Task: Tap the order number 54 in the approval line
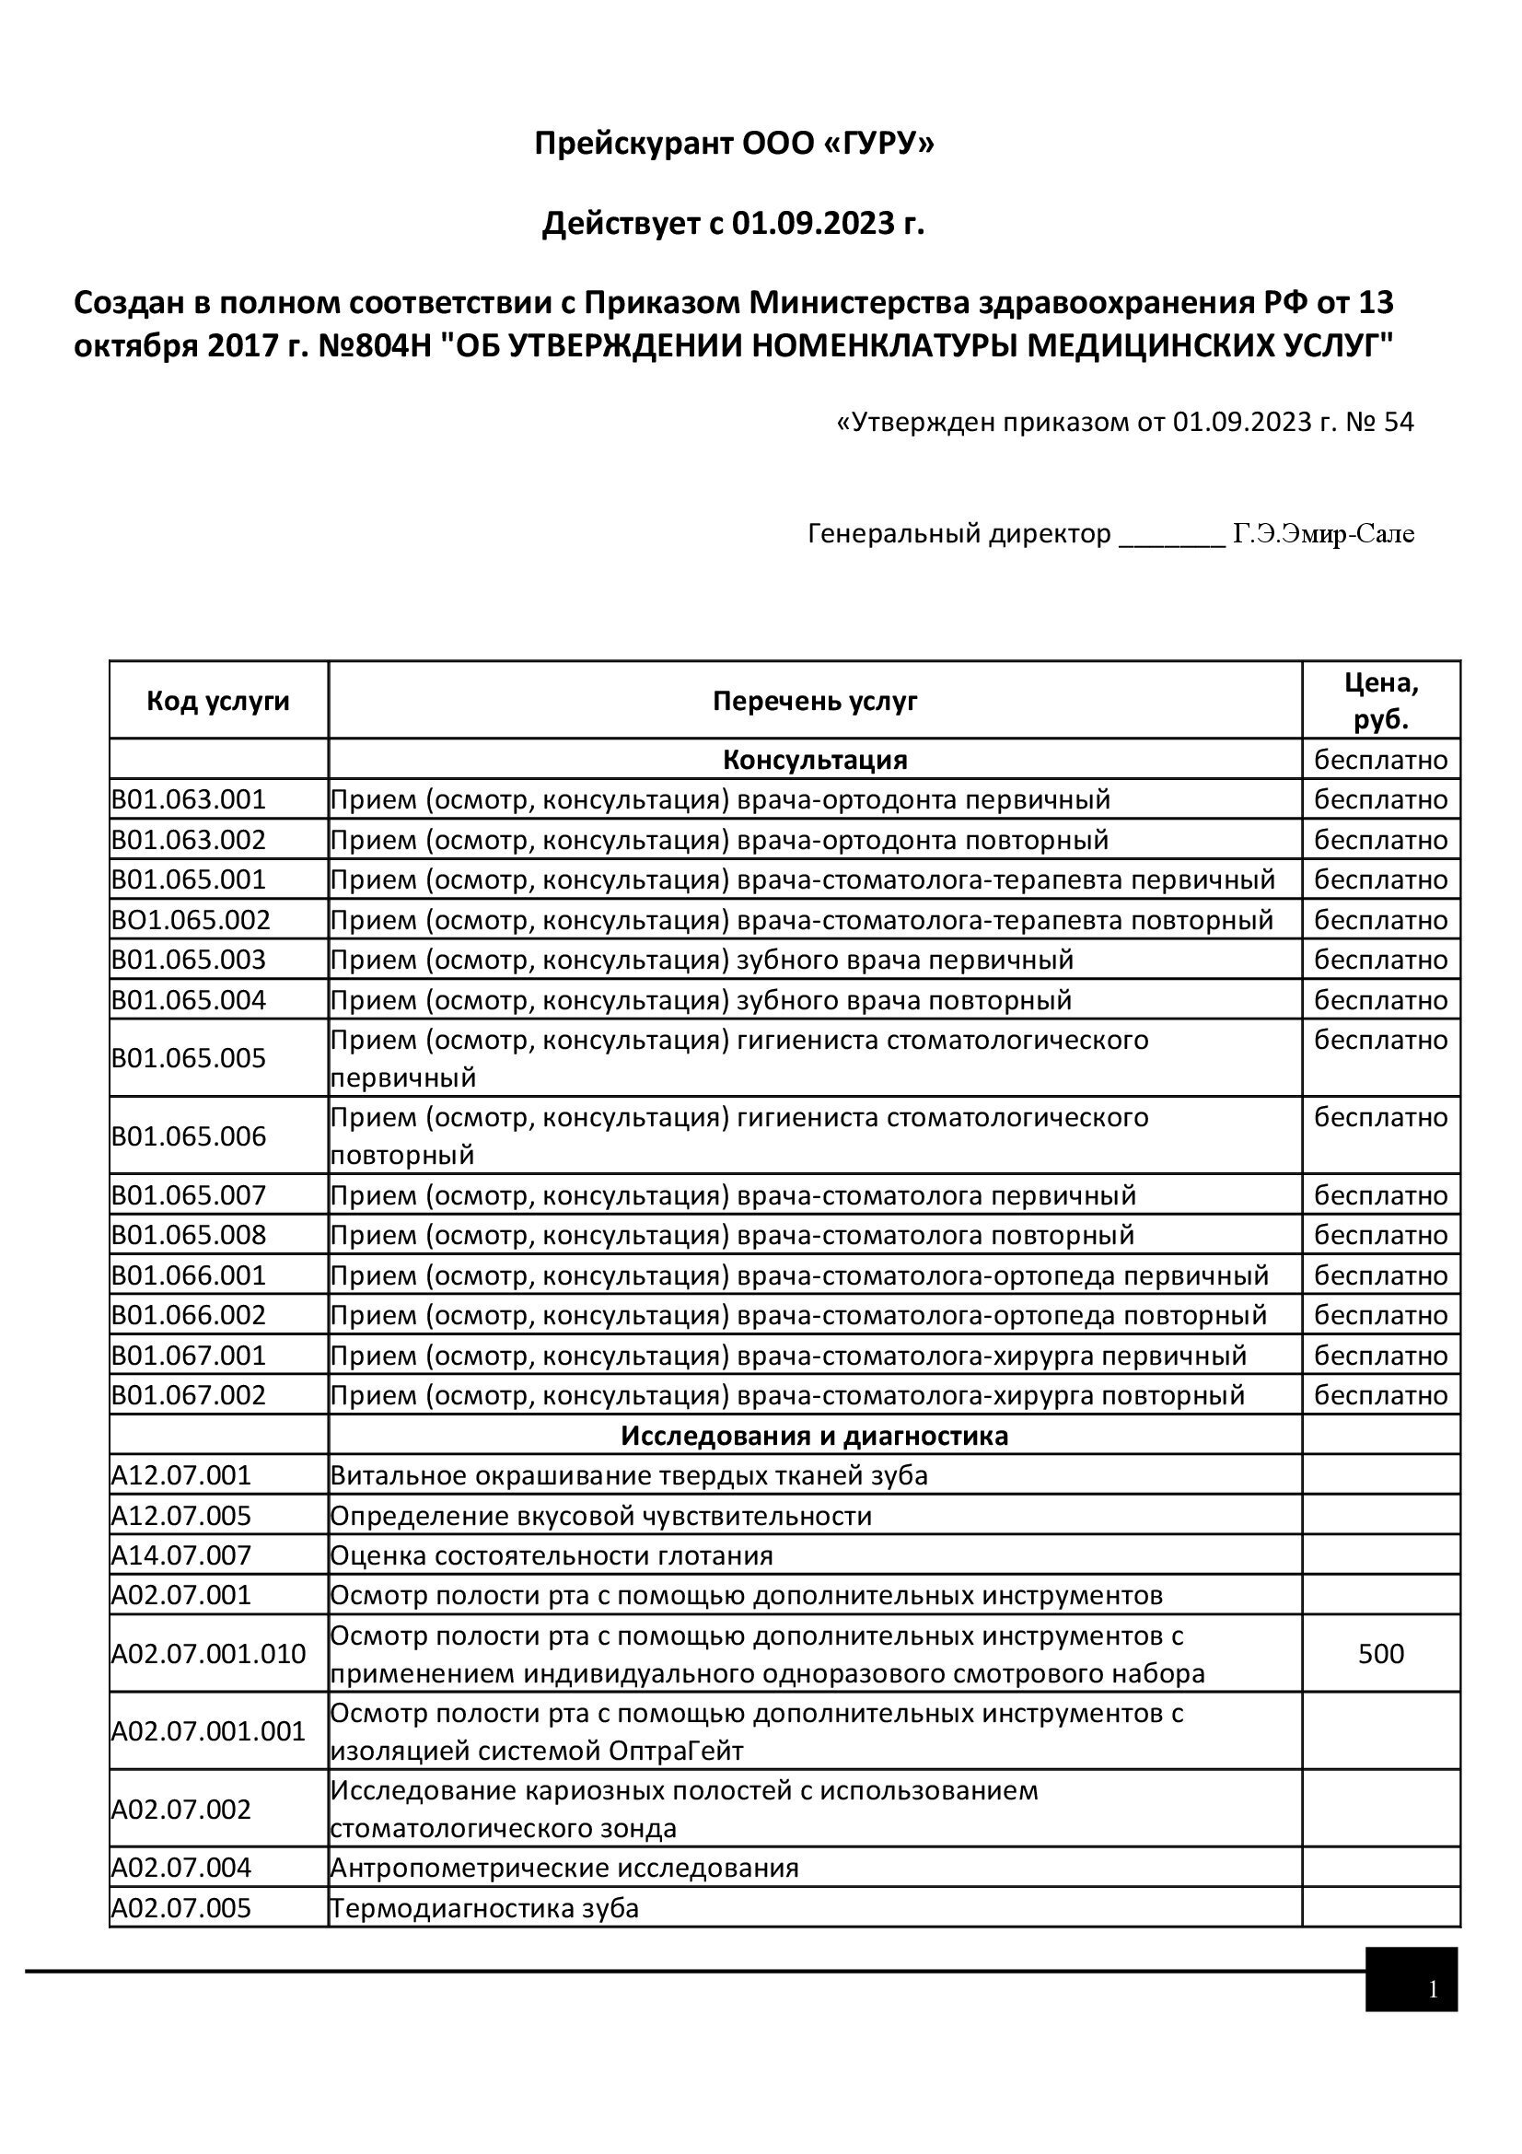(1398, 422)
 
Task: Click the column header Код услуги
(217, 701)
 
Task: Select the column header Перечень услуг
(814, 701)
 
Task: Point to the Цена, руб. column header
(1380, 701)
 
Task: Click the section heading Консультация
(814, 759)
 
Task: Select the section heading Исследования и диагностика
(814, 1436)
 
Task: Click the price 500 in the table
(1380, 1653)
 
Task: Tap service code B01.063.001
(189, 799)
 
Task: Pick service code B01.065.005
(189, 1058)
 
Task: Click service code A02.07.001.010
(208, 1653)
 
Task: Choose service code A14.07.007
(181, 1555)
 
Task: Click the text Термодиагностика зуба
(484, 1908)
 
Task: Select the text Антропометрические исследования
(563, 1868)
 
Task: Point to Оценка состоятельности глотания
(552, 1555)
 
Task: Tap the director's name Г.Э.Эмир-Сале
(1322, 534)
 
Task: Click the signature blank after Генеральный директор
(1172, 537)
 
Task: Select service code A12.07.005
(181, 1516)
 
